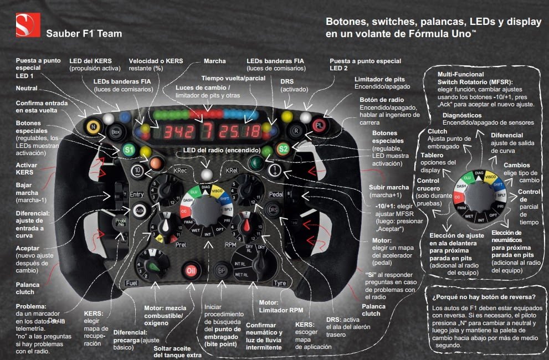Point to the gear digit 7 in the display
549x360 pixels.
point(207,131)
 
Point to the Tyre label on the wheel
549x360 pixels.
point(280,284)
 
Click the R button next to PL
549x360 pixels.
point(297,132)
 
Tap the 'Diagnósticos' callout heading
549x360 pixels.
point(458,114)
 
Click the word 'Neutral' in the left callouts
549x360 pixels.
point(27,89)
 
